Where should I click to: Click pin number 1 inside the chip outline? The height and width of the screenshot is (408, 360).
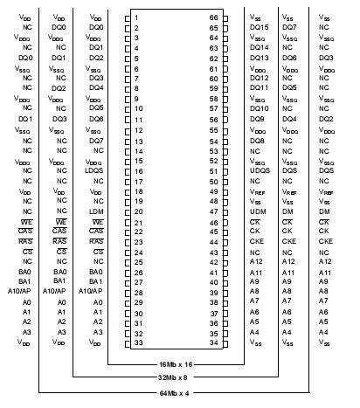[x=137, y=17]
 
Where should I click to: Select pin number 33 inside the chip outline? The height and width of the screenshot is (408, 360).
[x=137, y=342]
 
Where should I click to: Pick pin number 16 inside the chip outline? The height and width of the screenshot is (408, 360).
[x=137, y=170]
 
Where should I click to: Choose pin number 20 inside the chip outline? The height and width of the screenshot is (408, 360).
[x=137, y=211]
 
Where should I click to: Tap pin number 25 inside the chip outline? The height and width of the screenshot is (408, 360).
[x=137, y=261]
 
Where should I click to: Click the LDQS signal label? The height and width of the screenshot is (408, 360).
[x=96, y=170]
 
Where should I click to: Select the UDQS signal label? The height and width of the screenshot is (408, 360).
[x=260, y=160]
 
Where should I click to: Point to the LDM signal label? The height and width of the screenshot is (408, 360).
[x=96, y=211]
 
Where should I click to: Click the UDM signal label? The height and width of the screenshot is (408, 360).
[x=257, y=211]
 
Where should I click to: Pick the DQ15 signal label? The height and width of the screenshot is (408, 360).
[x=259, y=28]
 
